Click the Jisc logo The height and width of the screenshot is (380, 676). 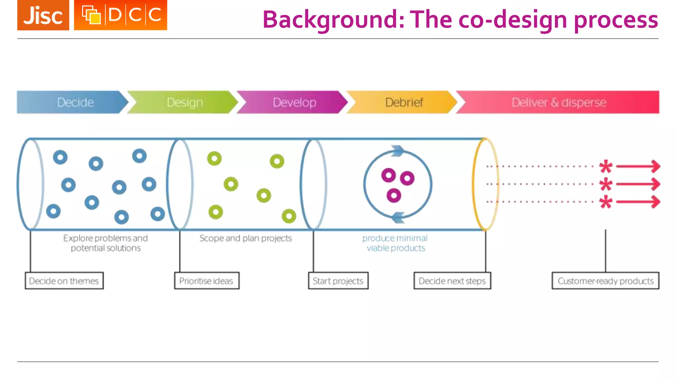point(43,15)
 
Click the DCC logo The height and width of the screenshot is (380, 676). point(120,15)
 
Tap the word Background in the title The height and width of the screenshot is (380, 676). point(333,20)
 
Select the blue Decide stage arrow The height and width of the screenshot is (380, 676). point(71,102)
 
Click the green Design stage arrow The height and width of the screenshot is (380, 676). point(183,102)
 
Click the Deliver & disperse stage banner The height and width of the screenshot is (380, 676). point(558,102)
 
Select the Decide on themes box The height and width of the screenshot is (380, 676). point(64,281)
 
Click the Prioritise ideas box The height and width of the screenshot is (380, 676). point(207,281)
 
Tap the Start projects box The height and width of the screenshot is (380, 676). point(338,281)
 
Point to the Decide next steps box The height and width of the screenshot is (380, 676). point(452,281)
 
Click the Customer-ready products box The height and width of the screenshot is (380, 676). point(605,281)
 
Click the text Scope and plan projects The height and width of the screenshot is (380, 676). point(246,238)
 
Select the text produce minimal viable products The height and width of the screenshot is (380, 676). point(395,243)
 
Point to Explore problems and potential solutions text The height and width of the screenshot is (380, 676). point(106,243)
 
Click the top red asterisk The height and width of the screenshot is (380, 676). point(606,167)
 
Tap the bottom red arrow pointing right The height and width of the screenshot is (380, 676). point(639,202)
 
